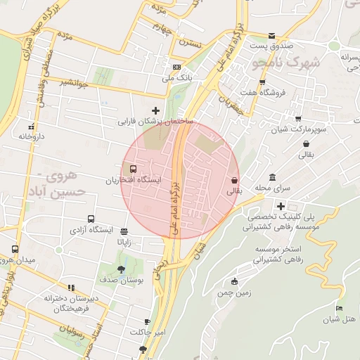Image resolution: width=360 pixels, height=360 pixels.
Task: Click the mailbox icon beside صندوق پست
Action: coord(272,37)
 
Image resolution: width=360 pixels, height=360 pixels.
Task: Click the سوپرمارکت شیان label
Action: coord(304,131)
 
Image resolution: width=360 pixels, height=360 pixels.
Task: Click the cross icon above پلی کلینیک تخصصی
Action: coord(281,207)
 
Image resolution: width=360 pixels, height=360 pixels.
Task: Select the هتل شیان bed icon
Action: coord(340,309)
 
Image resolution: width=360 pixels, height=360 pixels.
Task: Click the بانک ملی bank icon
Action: coord(176,67)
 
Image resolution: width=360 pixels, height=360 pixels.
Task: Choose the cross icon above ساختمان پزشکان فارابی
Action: coord(155,110)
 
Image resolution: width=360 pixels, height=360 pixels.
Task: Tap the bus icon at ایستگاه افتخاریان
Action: coord(131,169)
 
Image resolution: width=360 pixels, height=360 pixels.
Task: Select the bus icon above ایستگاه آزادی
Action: coord(91,219)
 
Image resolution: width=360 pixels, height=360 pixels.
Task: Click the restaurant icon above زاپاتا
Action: coord(124,232)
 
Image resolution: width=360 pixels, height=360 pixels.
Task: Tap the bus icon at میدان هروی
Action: coord(15,250)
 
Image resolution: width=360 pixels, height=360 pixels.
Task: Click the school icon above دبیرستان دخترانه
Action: coord(70,288)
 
